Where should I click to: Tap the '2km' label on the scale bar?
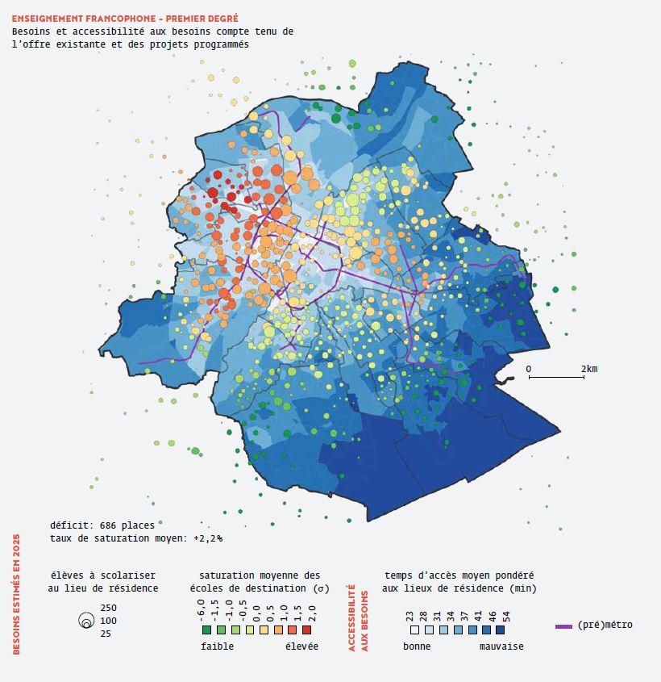tap(589, 369)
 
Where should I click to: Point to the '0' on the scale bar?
tap(529, 369)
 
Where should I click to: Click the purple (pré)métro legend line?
tap(563, 626)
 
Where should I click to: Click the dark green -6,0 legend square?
tap(206, 630)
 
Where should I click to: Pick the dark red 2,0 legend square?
tap(312, 630)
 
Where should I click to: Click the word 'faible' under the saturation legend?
tap(218, 646)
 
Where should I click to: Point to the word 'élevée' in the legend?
tap(301, 646)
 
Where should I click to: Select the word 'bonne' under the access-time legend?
tap(417, 646)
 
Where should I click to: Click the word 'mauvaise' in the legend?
tap(501, 646)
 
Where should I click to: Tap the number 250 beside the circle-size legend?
tap(109, 608)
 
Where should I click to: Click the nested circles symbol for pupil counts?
tap(85, 621)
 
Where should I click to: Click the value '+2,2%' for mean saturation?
tap(208, 538)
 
